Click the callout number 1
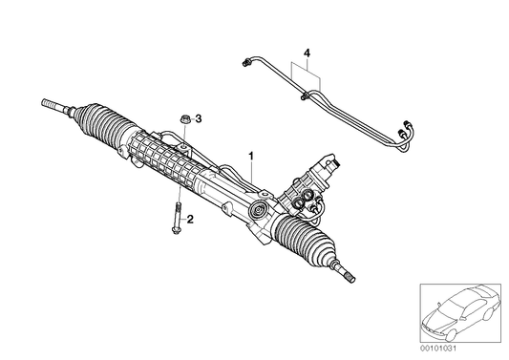click(x=251, y=154)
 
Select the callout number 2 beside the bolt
click(x=191, y=220)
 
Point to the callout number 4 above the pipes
click(x=307, y=50)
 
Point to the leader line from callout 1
click(x=251, y=178)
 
